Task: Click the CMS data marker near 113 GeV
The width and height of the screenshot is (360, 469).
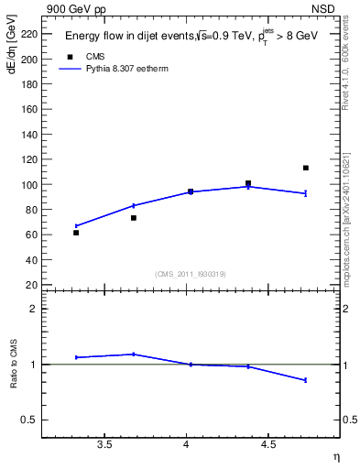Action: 305,168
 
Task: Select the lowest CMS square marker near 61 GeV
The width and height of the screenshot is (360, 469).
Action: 76,233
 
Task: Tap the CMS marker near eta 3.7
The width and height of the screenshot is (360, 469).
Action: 134,218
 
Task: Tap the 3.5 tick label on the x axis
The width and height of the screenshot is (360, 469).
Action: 104,444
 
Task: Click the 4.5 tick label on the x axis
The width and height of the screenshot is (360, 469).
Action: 267,444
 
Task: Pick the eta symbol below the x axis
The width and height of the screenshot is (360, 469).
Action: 335,456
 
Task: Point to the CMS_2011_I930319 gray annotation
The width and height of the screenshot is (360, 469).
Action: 190,274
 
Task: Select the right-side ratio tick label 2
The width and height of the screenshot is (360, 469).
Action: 347,309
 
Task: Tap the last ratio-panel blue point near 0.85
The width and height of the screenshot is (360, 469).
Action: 305,379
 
